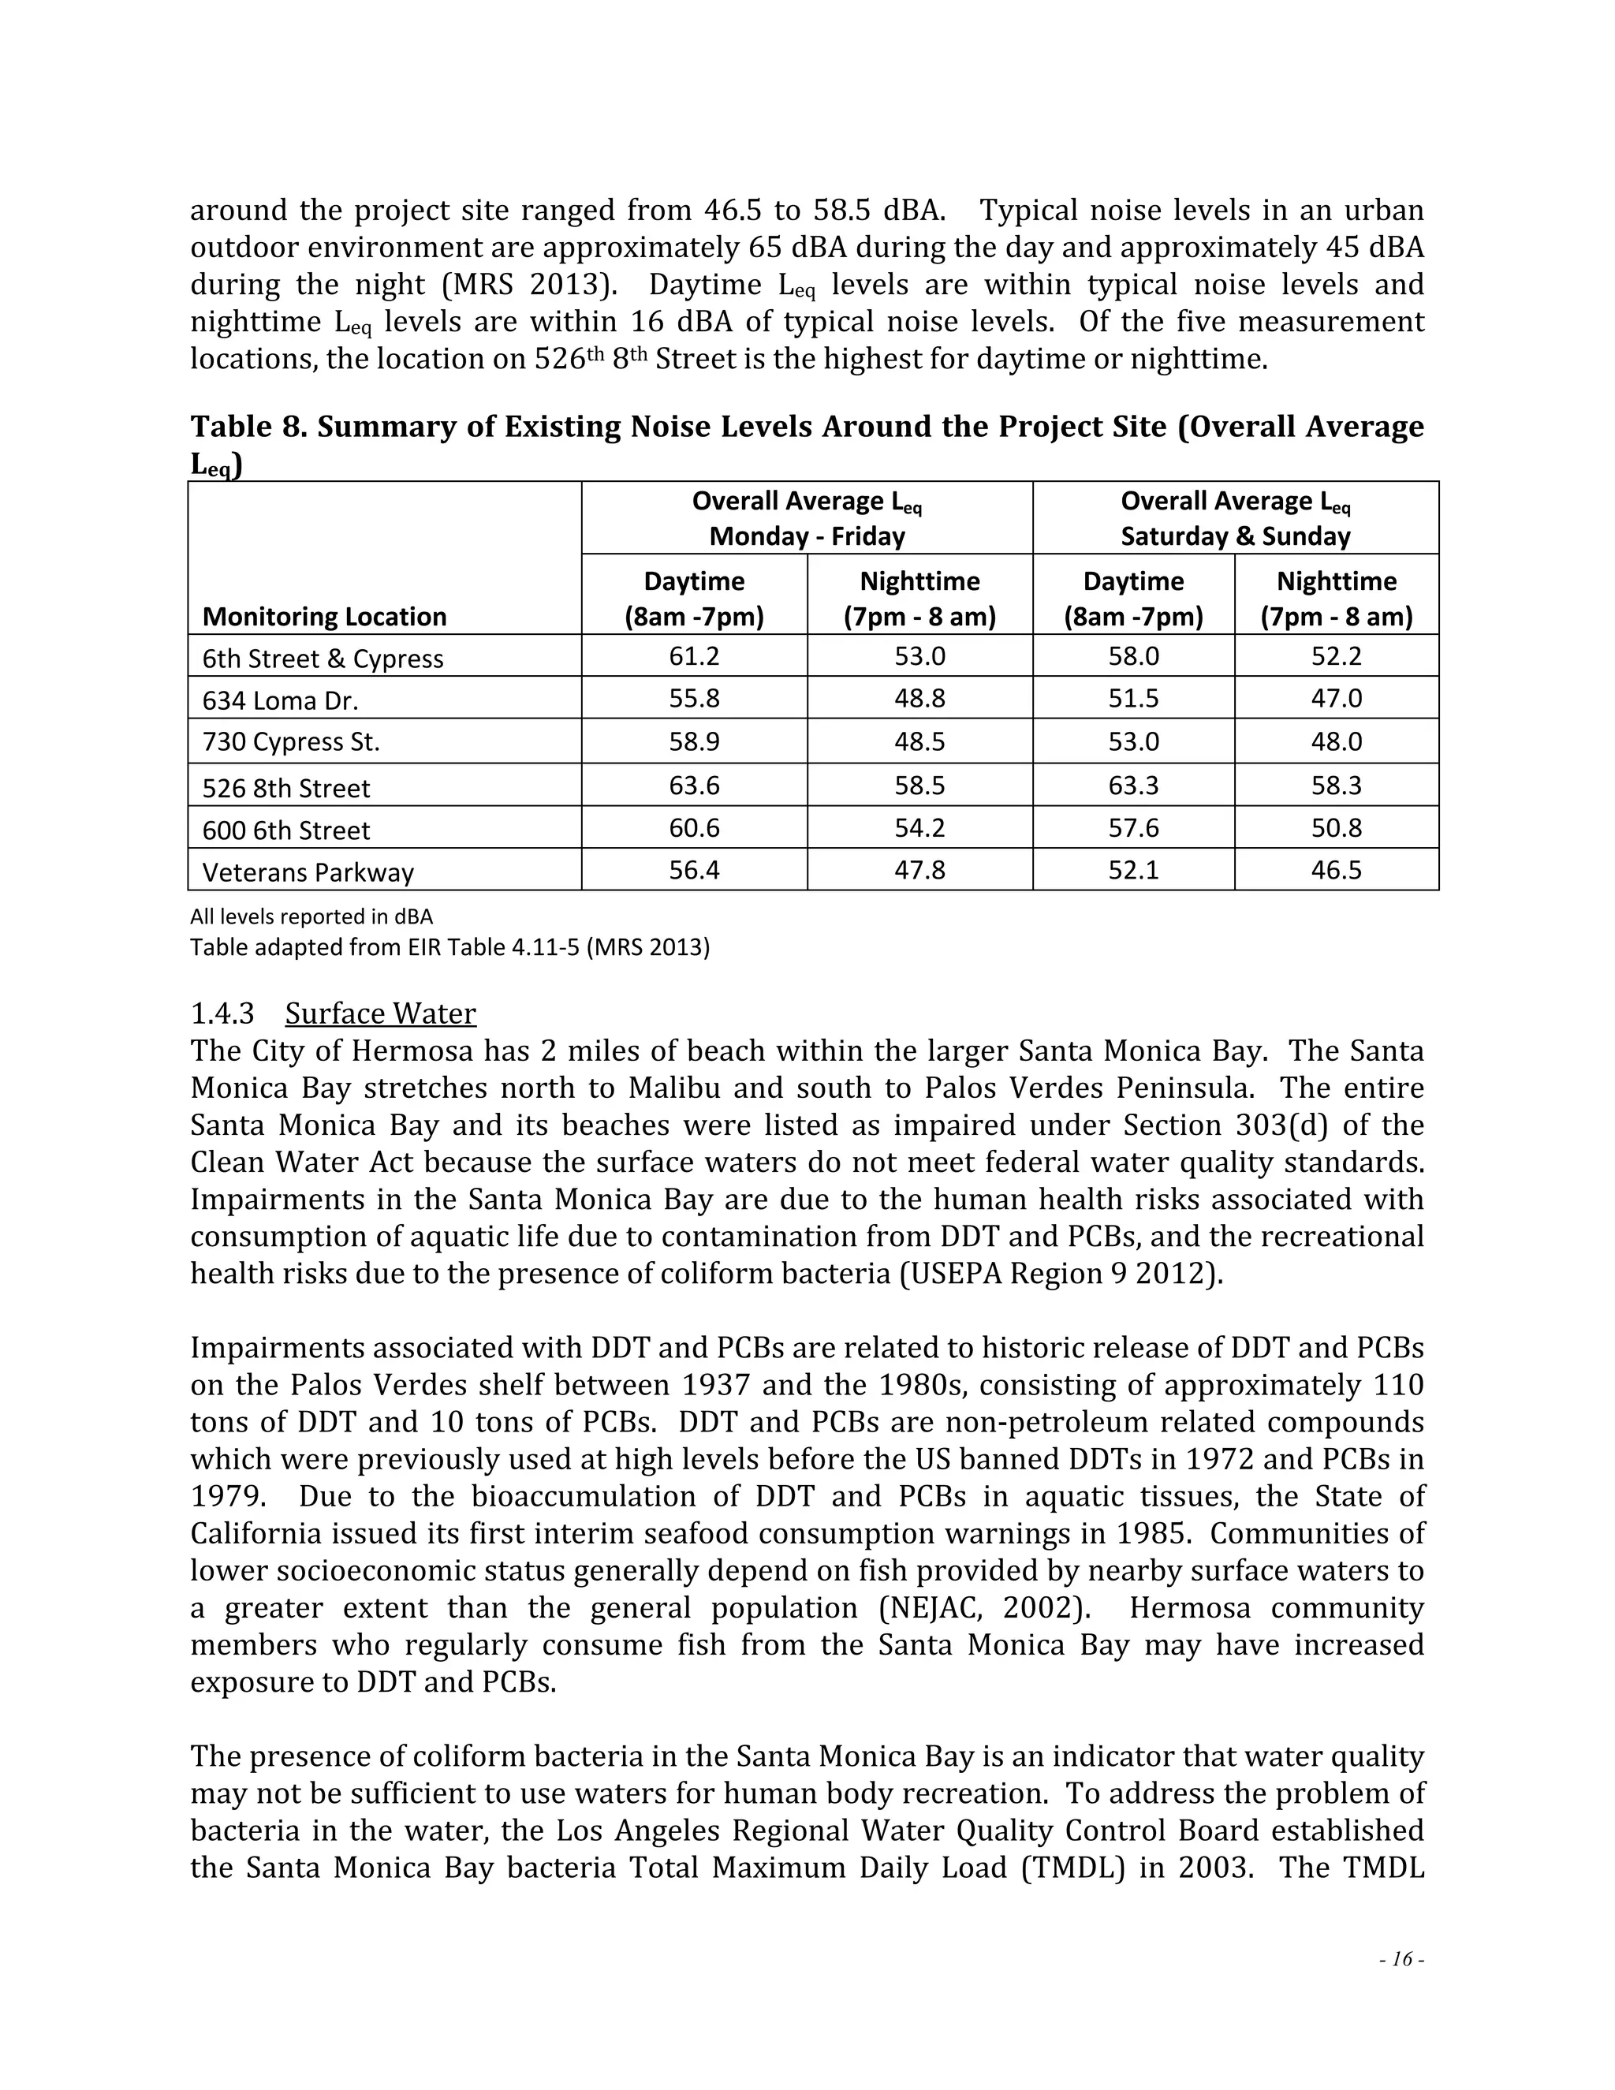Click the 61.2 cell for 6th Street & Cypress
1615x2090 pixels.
coord(694,656)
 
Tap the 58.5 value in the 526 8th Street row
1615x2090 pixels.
coord(919,786)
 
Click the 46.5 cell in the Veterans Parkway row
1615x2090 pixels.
coord(1336,870)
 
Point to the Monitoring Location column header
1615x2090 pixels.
coord(324,616)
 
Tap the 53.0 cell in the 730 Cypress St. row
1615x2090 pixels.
coord(1133,741)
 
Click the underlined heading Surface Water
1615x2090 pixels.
coord(380,1013)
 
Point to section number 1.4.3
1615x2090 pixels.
coord(222,1013)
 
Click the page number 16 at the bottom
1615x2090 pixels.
coord(1401,1959)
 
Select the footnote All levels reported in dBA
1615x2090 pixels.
coord(311,916)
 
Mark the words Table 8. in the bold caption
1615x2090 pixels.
coord(248,427)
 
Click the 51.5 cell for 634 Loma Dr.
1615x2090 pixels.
coord(1133,699)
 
